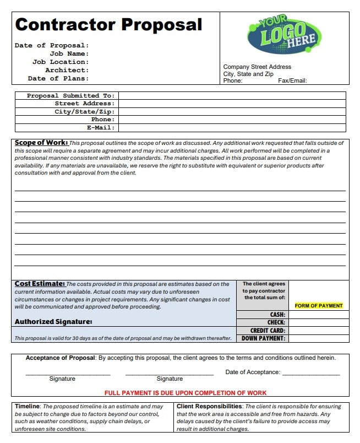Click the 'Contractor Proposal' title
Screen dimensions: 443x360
coord(108,25)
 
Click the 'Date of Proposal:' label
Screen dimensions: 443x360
coord(52,45)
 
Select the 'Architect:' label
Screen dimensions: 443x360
coord(67,70)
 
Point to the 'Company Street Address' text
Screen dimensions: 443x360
coord(257,67)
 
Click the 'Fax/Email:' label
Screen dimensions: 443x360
coord(292,81)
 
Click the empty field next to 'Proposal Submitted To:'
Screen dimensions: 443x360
coord(232,95)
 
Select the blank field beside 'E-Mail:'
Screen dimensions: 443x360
coord(232,127)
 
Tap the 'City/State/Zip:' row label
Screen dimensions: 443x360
coord(84,111)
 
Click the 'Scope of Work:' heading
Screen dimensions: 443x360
coord(41,143)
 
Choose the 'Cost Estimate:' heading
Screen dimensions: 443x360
coord(40,284)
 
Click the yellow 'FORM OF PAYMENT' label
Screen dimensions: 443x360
coord(319,306)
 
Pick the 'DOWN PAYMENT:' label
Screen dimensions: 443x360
coord(263,338)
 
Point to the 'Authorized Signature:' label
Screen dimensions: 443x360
coord(53,321)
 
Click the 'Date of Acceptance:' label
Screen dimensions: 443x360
coord(253,372)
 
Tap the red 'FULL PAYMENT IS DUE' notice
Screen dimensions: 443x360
coord(186,393)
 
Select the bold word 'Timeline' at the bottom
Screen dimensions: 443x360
coord(27,406)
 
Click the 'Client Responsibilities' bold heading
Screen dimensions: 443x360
coord(209,406)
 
